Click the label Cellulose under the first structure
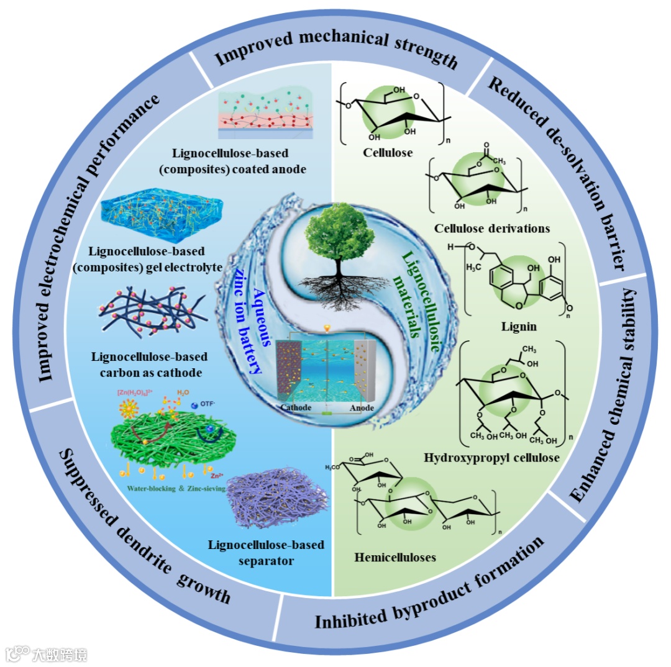[389, 151]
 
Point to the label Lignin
[520, 326]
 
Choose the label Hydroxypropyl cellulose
[491, 458]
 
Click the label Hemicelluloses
[395, 556]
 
